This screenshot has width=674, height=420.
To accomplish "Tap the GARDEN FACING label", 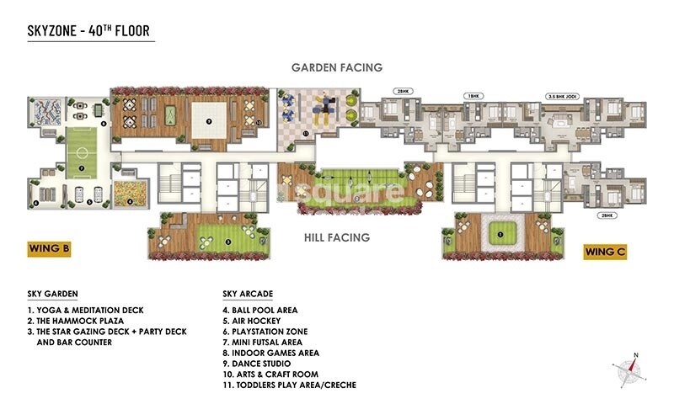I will coord(337,67).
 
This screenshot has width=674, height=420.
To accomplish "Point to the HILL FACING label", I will coord(336,237).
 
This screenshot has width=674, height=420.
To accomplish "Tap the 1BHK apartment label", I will coord(473,96).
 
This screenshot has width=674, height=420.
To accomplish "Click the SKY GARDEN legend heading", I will coord(52,295).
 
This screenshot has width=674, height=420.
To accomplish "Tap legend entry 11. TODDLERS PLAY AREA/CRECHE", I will coord(290,385).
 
